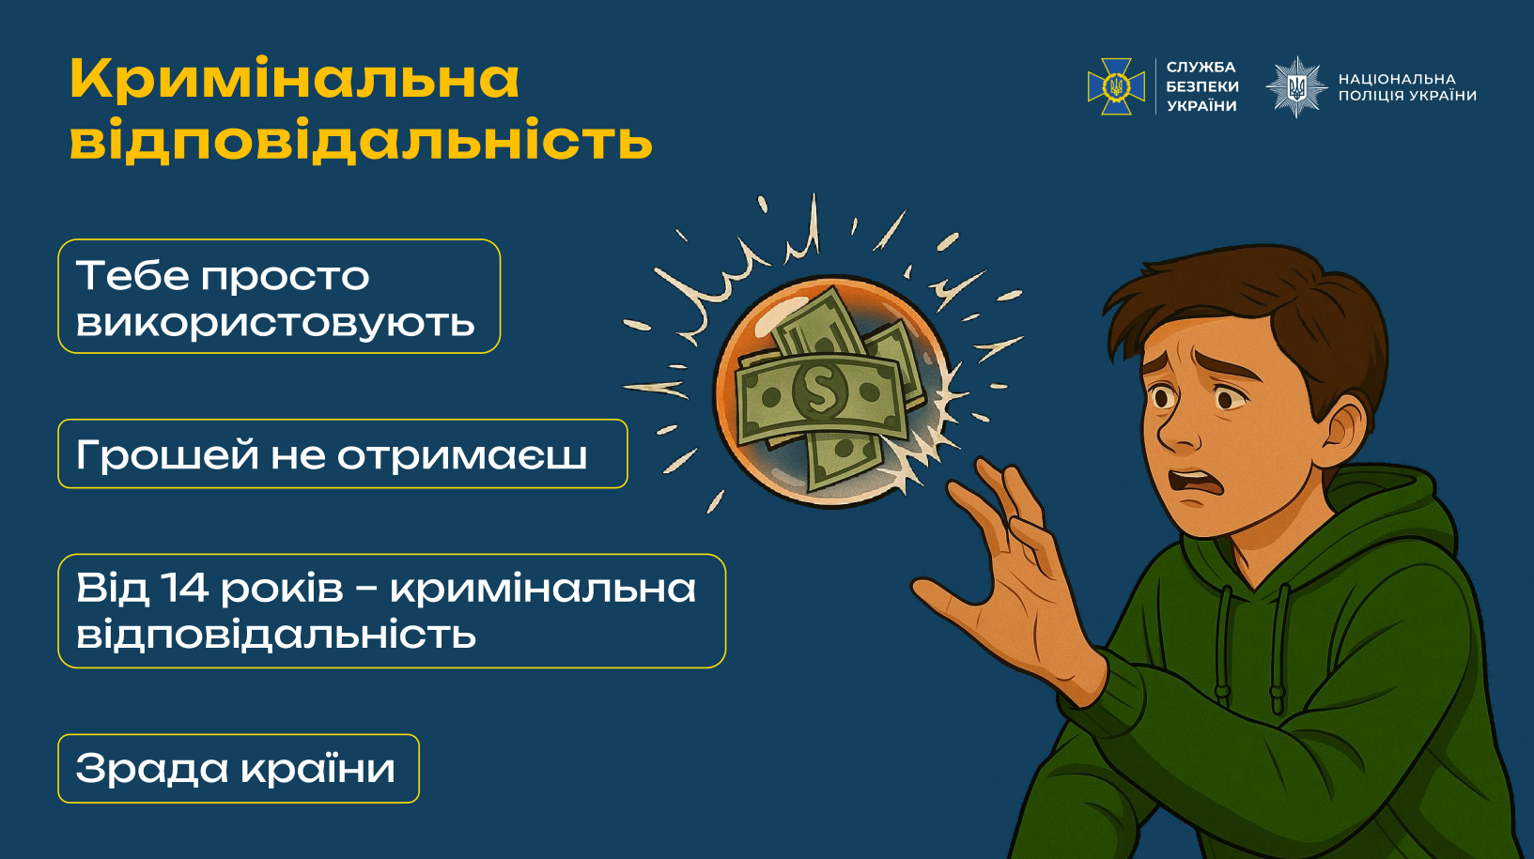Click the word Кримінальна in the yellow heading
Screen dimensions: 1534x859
294,80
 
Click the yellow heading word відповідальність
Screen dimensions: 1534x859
361,140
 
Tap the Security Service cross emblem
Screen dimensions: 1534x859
1116,86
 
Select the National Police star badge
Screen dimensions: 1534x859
1296,87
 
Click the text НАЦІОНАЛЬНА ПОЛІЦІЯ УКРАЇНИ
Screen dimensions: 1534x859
1407,87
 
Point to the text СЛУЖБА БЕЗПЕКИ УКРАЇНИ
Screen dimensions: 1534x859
1201,86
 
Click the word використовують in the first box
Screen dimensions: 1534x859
275,322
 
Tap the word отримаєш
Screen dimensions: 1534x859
462,456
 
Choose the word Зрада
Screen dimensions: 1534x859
151,769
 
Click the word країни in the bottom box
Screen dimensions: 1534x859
318,767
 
